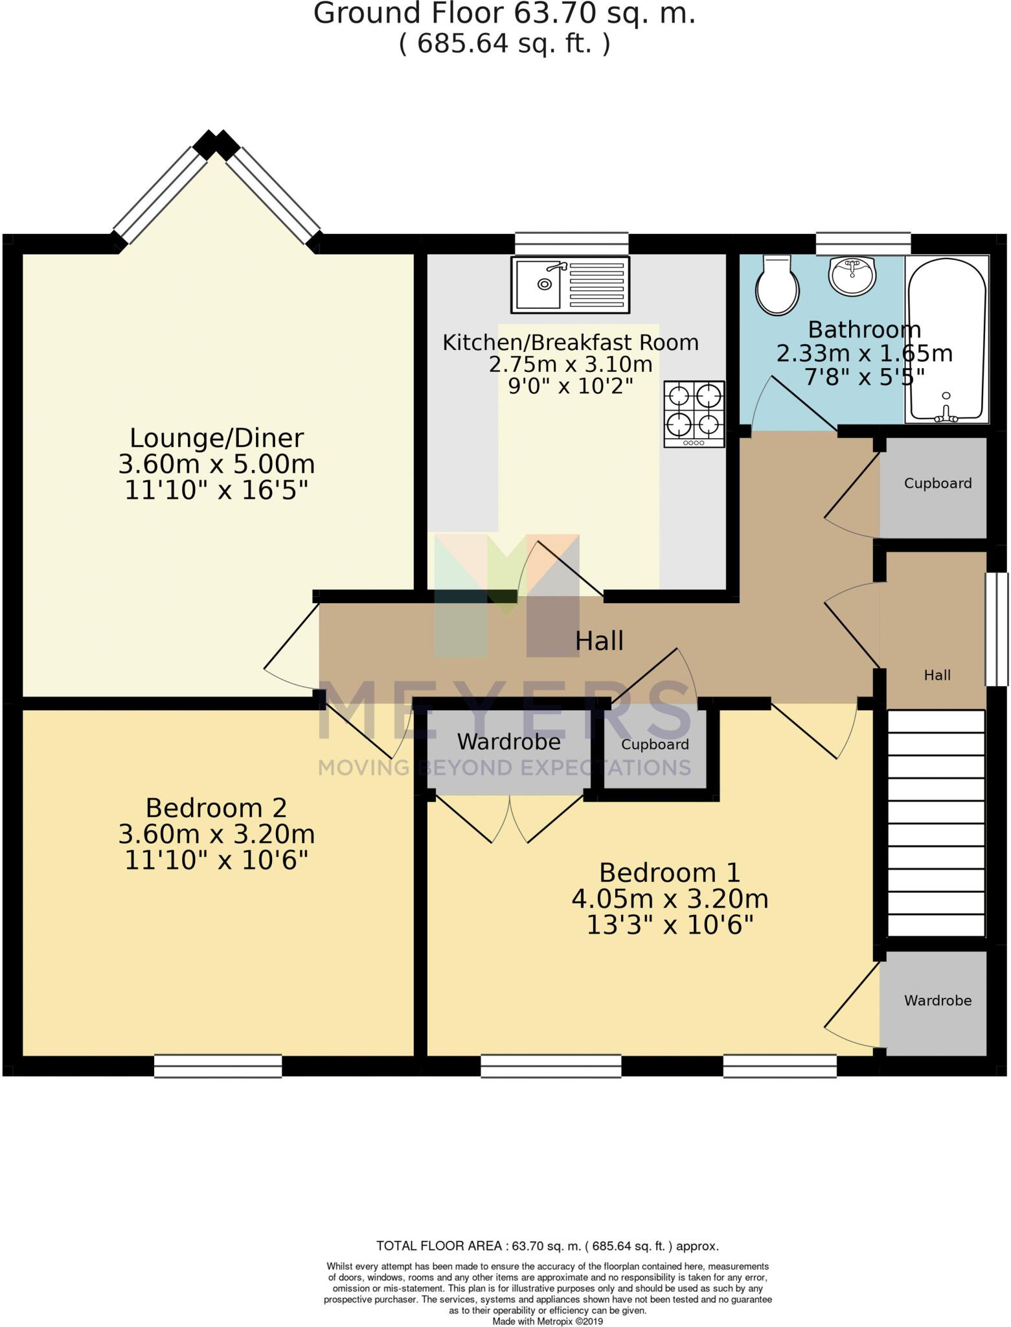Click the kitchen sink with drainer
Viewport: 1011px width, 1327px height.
pyautogui.click(x=569, y=284)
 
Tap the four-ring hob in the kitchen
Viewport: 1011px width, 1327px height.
pyautogui.click(x=694, y=413)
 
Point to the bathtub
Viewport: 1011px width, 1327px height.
pyautogui.click(x=946, y=340)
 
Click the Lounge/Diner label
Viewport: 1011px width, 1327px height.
pyautogui.click(x=216, y=439)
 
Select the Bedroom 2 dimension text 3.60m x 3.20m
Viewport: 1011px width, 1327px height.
pyautogui.click(x=216, y=834)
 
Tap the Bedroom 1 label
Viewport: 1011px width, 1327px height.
pyautogui.click(x=669, y=873)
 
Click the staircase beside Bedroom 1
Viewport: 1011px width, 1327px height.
pyautogui.click(x=936, y=823)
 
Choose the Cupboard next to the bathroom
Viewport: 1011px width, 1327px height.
pyautogui.click(x=937, y=483)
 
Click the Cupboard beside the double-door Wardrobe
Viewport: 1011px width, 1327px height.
pyautogui.click(x=654, y=745)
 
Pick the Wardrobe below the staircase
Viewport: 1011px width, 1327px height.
pyautogui.click(x=937, y=1000)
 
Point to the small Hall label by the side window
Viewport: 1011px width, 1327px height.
pyautogui.click(x=937, y=675)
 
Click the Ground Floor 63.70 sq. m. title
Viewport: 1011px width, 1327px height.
pyautogui.click(x=505, y=13)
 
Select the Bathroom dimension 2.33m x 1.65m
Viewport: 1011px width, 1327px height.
pyautogui.click(x=864, y=354)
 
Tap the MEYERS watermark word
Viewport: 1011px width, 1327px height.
pyautogui.click(x=505, y=710)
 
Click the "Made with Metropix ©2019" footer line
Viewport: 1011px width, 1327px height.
pyautogui.click(x=547, y=1321)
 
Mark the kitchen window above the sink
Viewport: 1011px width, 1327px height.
pyautogui.click(x=571, y=244)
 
